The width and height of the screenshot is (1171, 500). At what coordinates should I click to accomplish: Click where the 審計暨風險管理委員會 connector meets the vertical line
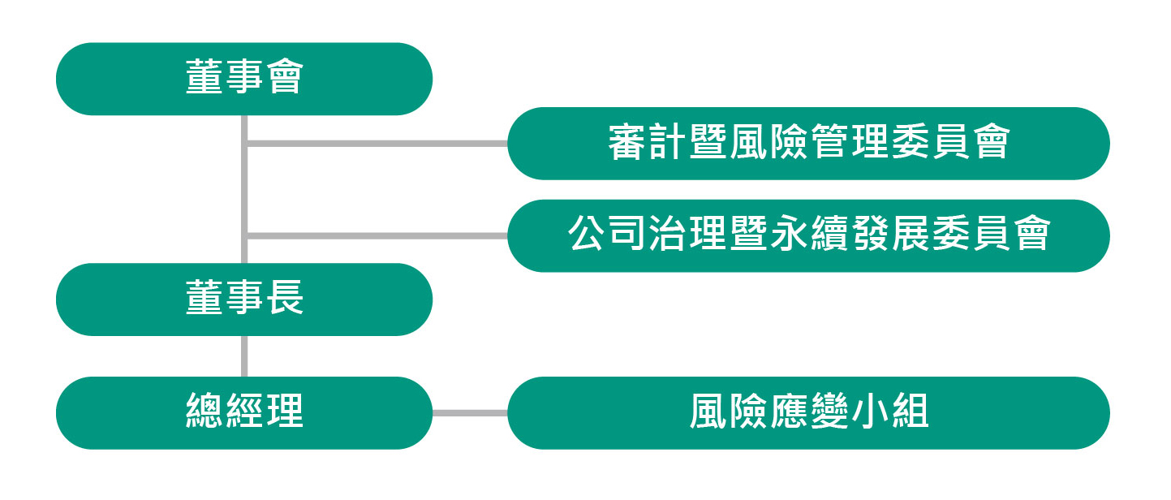244,144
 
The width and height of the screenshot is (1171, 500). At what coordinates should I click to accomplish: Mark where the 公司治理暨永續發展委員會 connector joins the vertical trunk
244,236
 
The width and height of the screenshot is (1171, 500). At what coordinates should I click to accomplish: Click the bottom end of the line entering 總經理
244,377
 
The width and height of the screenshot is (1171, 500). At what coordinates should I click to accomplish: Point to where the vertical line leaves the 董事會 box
244,115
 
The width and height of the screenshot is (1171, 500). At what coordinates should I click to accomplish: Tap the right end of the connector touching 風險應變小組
508,413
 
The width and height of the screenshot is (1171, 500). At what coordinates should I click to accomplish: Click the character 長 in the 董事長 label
285,297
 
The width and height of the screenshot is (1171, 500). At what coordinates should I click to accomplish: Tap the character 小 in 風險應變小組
869,411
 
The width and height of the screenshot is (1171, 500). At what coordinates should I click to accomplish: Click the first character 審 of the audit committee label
626,142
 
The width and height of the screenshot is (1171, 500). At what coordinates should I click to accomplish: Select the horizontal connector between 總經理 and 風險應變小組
470,413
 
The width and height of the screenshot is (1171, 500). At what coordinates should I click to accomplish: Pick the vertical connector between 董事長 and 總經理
244,356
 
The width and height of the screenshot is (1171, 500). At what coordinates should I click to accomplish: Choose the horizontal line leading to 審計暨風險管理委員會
376,144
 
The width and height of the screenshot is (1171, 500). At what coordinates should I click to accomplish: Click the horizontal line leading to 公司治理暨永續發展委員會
376,236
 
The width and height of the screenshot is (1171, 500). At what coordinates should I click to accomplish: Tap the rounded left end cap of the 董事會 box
74,79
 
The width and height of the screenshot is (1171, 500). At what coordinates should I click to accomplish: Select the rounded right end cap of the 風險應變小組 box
1091,413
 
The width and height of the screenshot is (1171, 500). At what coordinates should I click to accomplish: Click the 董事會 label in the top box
244,76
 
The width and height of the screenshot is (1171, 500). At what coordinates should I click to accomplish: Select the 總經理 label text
244,411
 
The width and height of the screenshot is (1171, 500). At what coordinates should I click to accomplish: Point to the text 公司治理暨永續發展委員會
809,234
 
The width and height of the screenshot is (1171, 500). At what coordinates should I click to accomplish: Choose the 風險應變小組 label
809,411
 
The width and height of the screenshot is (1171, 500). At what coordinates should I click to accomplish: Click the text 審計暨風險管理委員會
809,142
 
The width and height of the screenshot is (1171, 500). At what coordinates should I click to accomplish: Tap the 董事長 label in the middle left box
244,297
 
